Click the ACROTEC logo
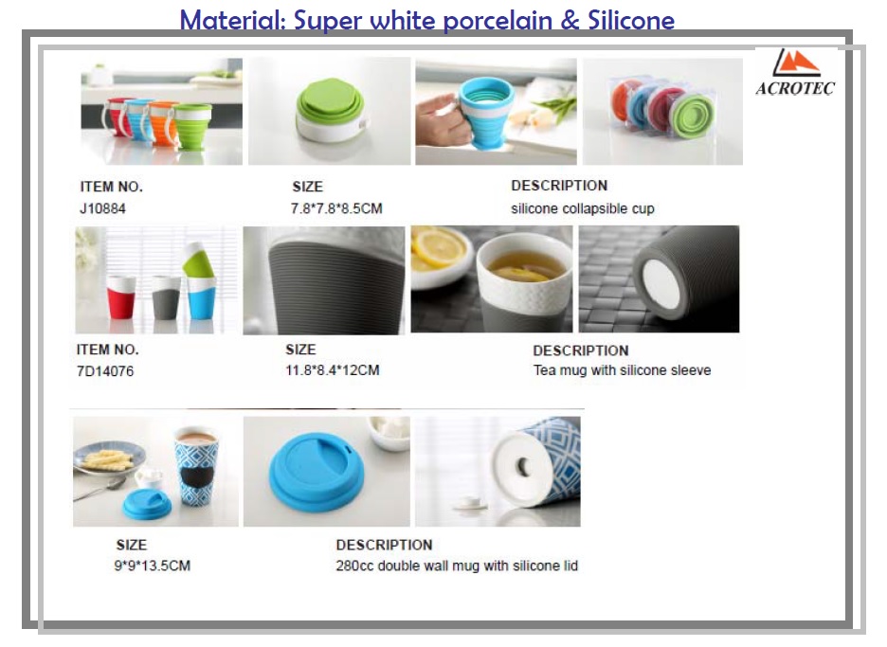pos(795,72)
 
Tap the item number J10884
pos(102,208)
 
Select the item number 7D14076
pos(105,371)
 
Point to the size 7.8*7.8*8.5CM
pos(336,208)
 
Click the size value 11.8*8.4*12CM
pos(333,370)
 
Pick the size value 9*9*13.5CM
pos(153,566)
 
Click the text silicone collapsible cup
pos(583,208)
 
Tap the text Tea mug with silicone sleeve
pos(622,370)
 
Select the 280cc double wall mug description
pos(457,566)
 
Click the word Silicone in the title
pos(631,20)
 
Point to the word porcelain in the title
pos(498,21)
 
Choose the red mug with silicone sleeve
pos(121,297)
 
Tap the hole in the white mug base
pos(523,467)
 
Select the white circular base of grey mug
pos(660,284)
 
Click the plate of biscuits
pos(110,458)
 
